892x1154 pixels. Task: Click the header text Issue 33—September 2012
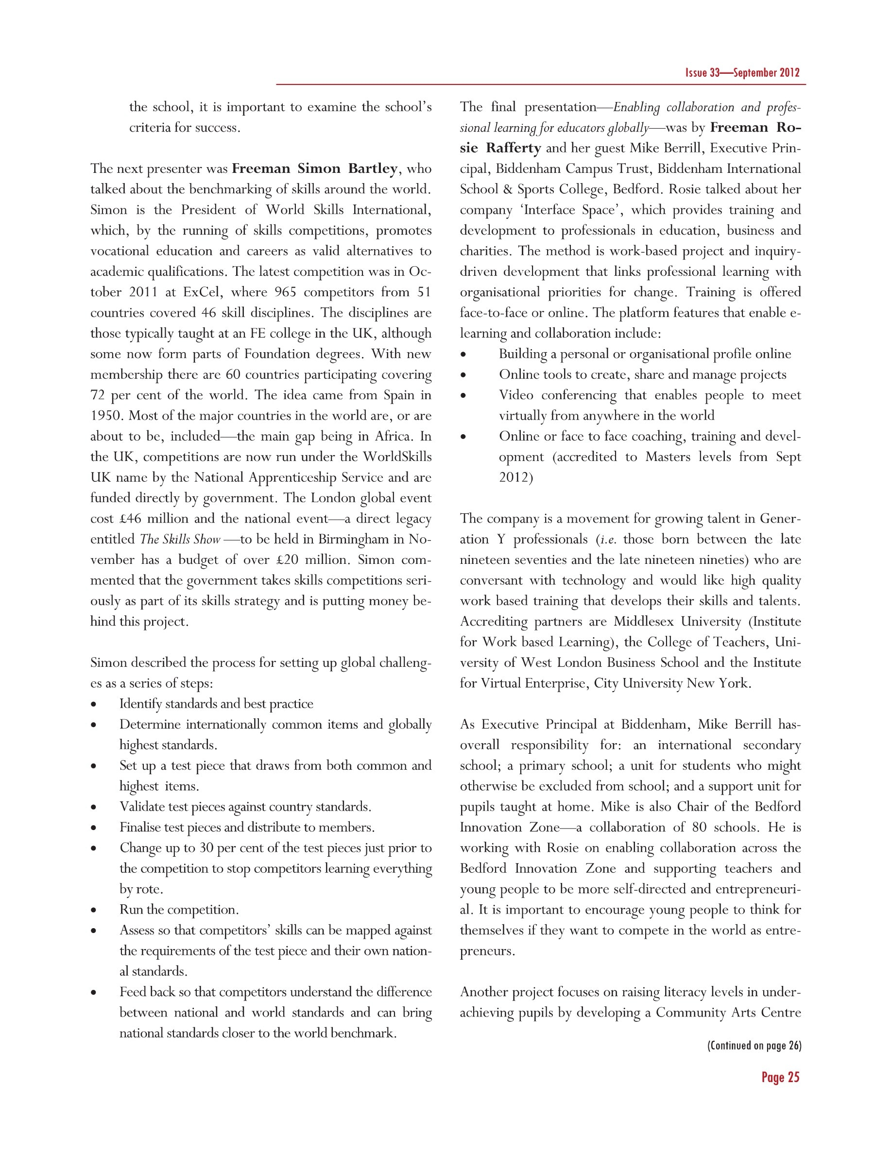pos(742,73)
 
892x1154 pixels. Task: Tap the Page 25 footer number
pos(780,1077)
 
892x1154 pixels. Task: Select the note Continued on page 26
pos(754,1046)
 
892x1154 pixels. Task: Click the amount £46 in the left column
pos(131,518)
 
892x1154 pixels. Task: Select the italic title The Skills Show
pos(180,540)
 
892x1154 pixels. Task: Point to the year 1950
pos(106,416)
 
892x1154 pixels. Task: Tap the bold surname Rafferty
pos(513,148)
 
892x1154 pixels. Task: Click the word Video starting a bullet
pos(516,395)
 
